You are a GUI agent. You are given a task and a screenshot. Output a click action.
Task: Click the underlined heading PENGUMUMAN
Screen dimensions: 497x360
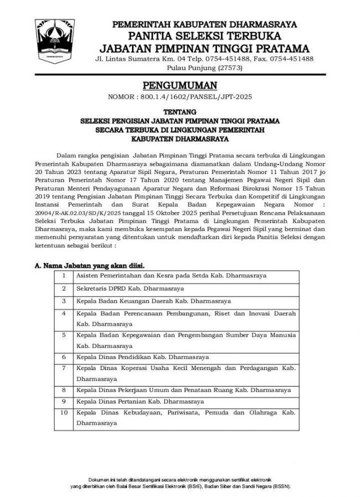pos(180,85)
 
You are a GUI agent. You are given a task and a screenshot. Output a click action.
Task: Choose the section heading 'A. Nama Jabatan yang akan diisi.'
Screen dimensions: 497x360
pos(89,265)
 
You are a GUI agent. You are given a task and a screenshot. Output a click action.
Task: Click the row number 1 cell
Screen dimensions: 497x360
pos(65,275)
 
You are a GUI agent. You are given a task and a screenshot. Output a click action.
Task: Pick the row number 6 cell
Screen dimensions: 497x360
pos(65,357)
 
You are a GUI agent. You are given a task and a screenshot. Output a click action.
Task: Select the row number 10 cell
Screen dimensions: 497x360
pos(65,413)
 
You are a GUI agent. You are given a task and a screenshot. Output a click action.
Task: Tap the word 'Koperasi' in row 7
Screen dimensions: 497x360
pos(137,367)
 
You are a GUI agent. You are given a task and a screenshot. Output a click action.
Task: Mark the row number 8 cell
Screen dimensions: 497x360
pos(65,390)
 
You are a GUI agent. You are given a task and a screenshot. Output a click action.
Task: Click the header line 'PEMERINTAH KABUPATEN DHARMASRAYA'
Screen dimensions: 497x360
pos(204,24)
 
